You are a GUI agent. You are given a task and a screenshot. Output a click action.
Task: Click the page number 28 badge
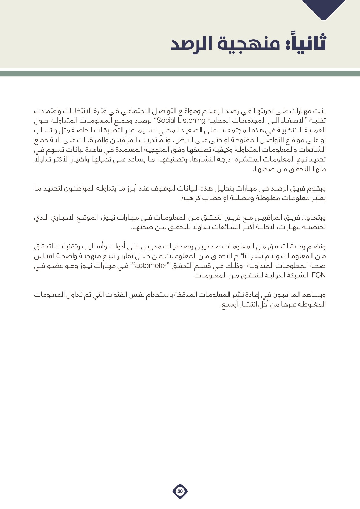(x=180, y=491)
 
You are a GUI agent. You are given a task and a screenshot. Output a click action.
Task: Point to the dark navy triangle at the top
(x=323, y=8)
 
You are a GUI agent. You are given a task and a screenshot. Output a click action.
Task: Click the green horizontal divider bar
(x=180, y=74)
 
